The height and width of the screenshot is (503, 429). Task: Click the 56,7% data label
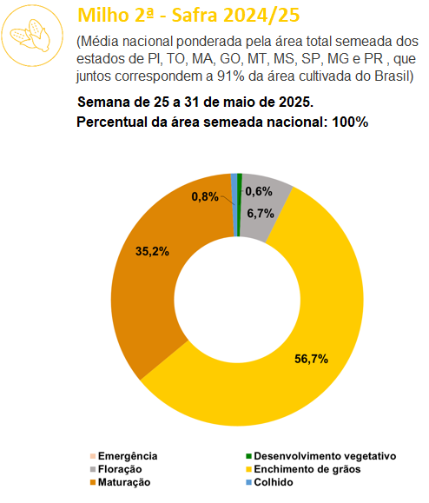click(311, 359)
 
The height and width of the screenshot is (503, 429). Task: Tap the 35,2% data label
click(152, 251)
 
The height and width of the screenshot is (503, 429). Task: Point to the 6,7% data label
click(261, 214)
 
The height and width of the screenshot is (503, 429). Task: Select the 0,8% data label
click(205, 196)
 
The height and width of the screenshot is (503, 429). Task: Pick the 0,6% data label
click(259, 191)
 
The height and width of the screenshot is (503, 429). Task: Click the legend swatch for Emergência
click(93, 456)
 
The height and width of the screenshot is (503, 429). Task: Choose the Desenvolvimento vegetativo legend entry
click(321, 456)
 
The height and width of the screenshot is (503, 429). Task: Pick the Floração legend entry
click(116, 469)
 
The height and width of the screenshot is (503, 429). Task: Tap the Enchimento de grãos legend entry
click(304, 469)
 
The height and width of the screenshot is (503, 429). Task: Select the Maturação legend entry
click(120, 482)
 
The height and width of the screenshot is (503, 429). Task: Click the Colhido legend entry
click(270, 482)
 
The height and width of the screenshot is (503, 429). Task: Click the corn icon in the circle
click(30, 36)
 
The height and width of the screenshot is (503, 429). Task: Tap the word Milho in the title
click(103, 15)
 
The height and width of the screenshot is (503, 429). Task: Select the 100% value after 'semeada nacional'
click(350, 122)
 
